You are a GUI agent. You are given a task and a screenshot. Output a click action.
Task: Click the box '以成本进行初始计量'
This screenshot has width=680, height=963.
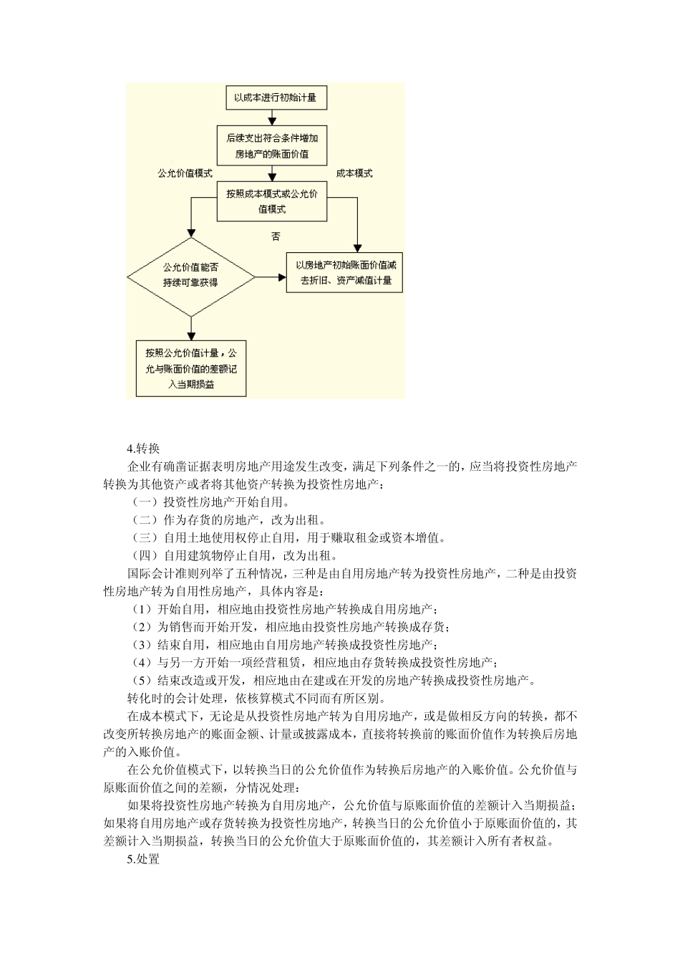[271, 97]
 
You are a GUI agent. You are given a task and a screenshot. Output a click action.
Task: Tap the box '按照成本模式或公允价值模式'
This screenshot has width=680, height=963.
[271, 201]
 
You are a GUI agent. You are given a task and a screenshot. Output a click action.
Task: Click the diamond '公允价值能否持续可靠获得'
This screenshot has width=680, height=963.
[191, 276]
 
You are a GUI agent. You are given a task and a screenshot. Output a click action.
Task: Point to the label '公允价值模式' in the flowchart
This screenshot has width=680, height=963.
[185, 173]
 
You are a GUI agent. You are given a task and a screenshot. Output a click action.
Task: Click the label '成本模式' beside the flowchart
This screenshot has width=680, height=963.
[354, 173]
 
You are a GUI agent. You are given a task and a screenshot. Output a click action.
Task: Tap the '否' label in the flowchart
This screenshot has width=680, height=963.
[276, 236]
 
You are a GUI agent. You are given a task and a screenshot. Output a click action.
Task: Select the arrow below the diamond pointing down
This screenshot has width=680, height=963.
[191, 327]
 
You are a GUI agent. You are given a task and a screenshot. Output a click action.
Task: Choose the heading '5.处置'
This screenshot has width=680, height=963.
[143, 858]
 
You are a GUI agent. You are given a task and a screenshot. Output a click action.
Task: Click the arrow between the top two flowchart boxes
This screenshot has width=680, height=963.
[271, 118]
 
